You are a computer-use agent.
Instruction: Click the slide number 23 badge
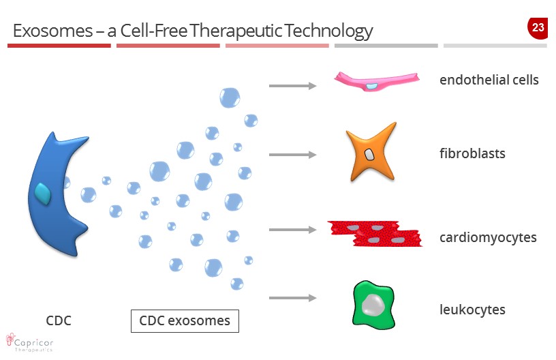[x=538, y=28]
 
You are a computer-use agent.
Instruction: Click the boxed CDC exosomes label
[x=185, y=320]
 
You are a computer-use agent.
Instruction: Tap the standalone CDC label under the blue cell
[x=59, y=320]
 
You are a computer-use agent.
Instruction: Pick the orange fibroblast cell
[x=371, y=153]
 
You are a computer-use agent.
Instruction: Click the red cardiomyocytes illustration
[x=374, y=232]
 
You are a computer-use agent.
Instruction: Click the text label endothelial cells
[x=489, y=80]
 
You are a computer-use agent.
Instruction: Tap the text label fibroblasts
[x=472, y=153]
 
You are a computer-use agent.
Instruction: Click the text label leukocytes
[x=472, y=310]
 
